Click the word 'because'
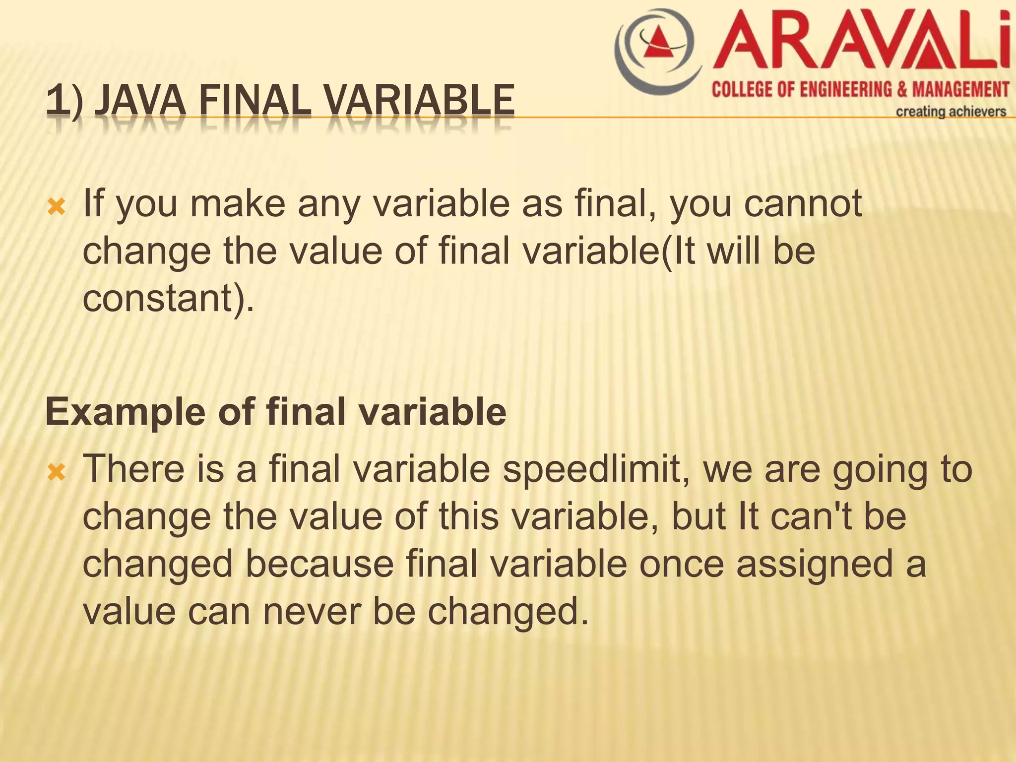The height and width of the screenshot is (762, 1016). coord(319,564)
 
